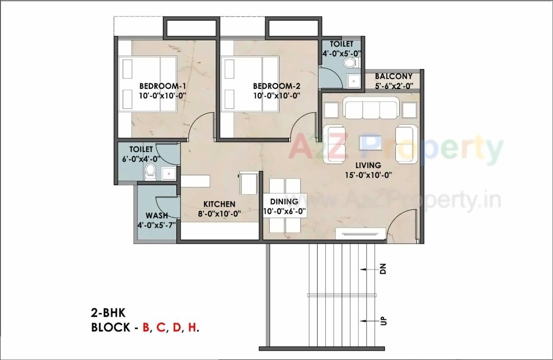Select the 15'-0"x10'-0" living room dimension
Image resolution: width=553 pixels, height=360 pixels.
368,175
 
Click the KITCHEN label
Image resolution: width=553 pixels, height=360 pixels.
219,204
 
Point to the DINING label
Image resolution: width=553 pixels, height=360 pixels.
284,202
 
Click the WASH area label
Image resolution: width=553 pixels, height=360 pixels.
157,215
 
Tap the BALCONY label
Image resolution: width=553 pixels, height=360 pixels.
394,76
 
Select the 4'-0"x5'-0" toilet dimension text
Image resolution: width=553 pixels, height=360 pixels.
342,54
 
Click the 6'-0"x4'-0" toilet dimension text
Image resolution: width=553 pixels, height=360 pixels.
141,158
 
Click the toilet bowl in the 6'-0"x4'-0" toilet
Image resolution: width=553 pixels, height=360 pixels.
150,171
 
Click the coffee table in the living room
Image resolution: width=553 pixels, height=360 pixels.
370,142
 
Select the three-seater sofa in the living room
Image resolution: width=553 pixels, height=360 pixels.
371,108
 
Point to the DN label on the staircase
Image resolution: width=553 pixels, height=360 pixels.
383,269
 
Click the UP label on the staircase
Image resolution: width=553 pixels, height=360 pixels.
383,321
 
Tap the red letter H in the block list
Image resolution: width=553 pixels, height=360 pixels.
191,327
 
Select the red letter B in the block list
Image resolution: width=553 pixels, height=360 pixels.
146,327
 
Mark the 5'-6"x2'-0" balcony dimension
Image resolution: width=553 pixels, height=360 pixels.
394,86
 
